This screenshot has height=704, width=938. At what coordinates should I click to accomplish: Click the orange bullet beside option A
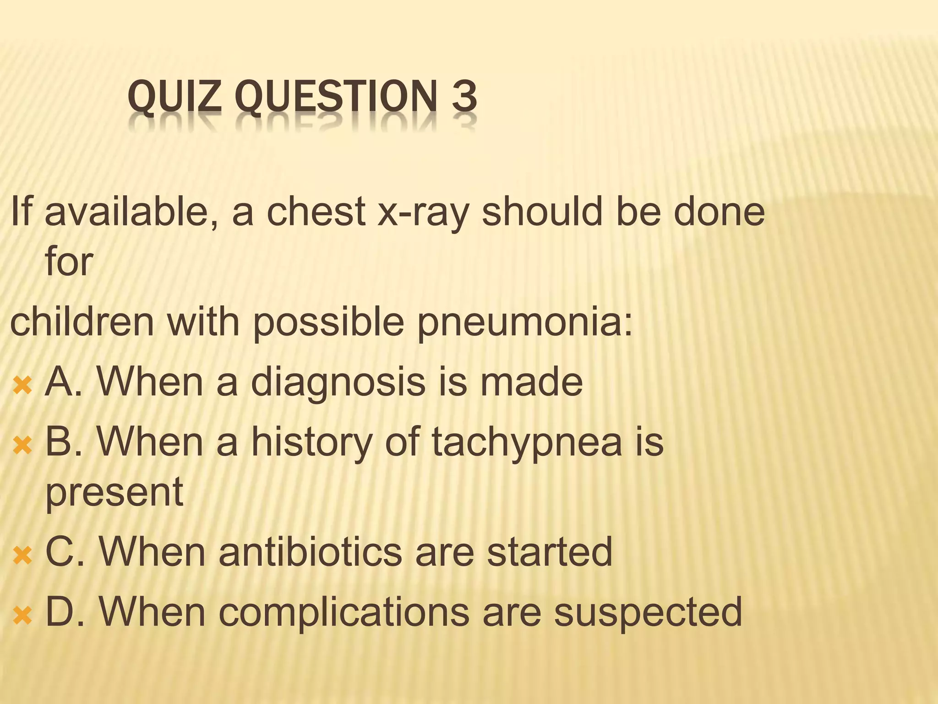click(x=22, y=385)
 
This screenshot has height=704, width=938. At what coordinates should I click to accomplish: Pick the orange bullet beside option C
click(x=22, y=556)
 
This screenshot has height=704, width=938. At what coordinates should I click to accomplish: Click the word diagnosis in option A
click(x=338, y=383)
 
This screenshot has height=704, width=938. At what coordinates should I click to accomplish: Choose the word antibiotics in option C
click(x=311, y=552)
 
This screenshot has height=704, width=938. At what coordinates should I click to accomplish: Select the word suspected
click(x=648, y=612)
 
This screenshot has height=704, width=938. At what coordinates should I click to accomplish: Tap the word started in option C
click(x=549, y=552)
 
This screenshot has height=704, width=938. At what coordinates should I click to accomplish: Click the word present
click(x=115, y=493)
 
